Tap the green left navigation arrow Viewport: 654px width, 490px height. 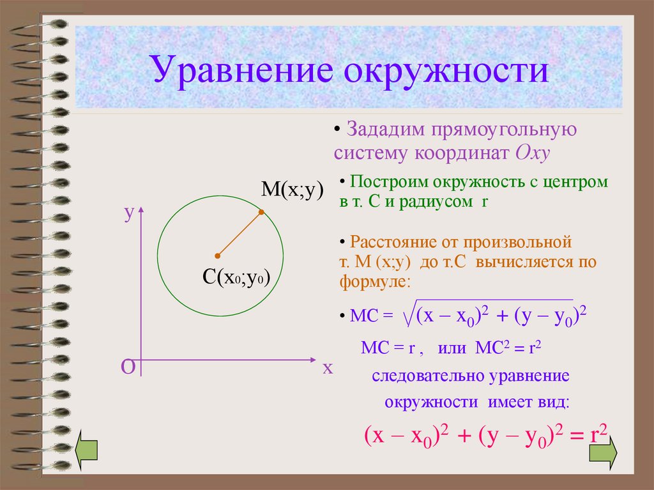(86, 450)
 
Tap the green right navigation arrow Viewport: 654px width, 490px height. (603, 452)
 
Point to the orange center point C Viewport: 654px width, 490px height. (217, 256)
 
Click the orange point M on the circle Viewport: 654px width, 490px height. (261, 212)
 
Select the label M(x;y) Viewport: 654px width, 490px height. (292, 190)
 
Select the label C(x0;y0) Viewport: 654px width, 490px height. (236, 277)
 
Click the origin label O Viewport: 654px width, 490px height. (128, 367)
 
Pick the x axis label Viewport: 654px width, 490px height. (328, 368)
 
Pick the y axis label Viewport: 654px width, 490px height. (129, 214)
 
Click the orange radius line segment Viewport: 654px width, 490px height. (240, 234)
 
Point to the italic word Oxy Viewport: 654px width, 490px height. (533, 153)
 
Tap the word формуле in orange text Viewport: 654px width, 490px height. (375, 282)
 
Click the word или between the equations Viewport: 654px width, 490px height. (452, 348)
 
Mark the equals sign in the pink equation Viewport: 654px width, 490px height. (577, 436)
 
